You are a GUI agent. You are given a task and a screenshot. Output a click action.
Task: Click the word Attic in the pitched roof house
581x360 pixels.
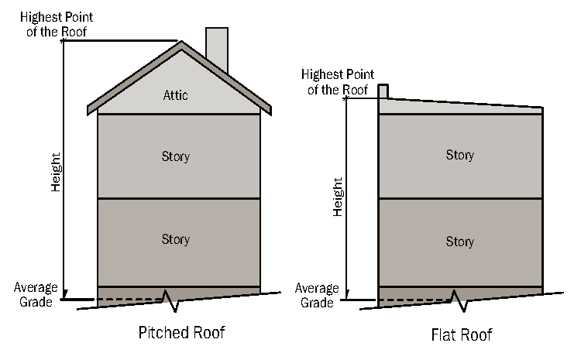[x=175, y=95]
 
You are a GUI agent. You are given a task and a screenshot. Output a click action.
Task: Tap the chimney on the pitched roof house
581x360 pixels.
[x=217, y=49]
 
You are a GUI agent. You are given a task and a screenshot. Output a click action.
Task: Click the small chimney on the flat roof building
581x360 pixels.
[x=383, y=91]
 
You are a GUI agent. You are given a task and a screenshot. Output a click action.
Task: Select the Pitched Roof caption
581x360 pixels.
[x=181, y=332]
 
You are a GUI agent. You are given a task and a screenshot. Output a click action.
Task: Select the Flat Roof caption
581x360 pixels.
[x=462, y=334]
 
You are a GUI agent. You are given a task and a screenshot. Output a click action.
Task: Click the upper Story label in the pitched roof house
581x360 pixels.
[x=176, y=156]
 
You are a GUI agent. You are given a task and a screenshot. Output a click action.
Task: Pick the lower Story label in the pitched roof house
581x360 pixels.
[x=176, y=240]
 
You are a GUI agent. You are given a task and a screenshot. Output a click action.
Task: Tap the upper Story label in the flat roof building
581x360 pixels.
[x=460, y=155]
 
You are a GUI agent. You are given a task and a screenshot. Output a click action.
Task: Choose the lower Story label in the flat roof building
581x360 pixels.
[x=460, y=242]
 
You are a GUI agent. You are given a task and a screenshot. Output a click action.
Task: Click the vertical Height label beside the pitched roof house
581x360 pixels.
[x=56, y=172]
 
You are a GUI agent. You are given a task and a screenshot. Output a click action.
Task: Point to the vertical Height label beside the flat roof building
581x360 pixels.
[x=338, y=197]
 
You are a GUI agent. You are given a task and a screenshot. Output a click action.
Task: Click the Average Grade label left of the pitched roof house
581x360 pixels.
[x=36, y=295]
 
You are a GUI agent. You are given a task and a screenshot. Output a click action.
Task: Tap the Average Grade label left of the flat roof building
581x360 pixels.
[x=317, y=296]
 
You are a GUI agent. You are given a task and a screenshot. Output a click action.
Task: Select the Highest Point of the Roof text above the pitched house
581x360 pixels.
[x=57, y=25]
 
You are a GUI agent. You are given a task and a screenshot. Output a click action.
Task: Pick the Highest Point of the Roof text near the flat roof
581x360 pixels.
[x=338, y=82]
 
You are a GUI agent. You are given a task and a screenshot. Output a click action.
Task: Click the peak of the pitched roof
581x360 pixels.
[x=181, y=42]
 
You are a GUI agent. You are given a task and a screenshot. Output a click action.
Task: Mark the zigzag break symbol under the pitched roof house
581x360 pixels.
[x=170, y=300]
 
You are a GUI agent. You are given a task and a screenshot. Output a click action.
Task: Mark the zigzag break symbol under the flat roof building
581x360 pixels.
[x=459, y=300]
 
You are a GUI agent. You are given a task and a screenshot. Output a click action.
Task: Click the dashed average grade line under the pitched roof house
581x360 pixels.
[x=129, y=300]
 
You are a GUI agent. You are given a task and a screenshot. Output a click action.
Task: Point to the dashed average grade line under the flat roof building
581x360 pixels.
[x=414, y=300]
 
